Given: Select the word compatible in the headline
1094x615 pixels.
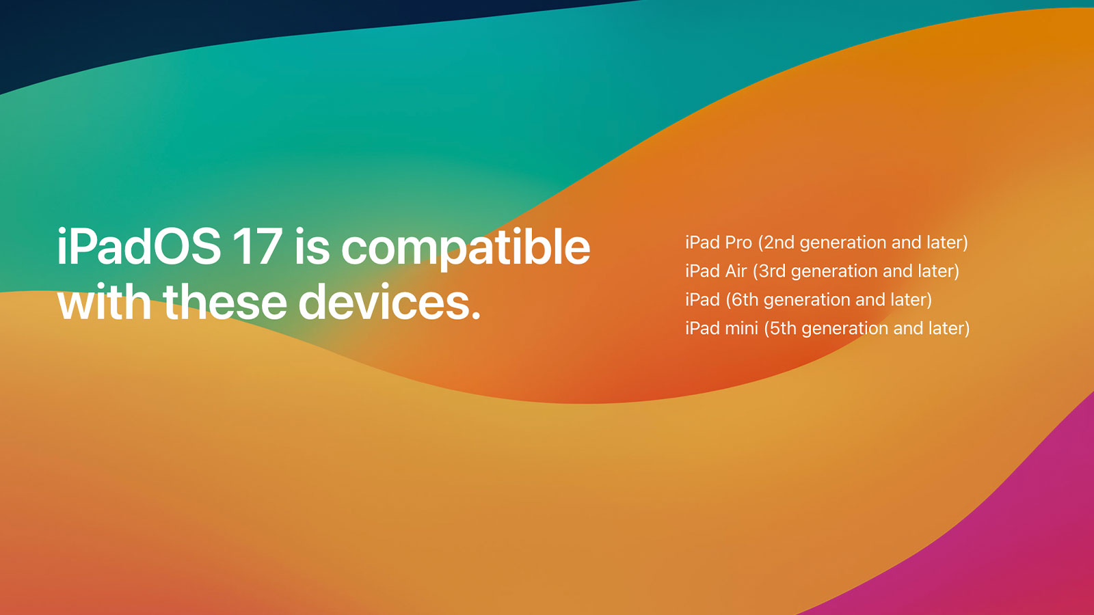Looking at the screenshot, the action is (466, 249).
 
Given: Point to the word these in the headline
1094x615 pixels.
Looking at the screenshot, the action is (225, 302).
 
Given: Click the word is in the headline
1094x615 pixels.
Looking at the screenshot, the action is (312, 247).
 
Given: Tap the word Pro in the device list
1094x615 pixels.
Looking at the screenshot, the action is (738, 243).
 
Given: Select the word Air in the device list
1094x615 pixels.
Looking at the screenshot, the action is (736, 271).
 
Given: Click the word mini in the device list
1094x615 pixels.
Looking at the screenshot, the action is (741, 328).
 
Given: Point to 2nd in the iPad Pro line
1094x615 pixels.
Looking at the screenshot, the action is (779, 243).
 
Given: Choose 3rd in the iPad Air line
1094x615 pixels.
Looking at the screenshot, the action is (771, 271).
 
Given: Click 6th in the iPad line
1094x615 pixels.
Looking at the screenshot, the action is (745, 299).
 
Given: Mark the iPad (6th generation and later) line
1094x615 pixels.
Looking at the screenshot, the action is (808, 300).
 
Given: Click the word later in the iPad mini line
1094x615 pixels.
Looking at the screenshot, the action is (946, 328).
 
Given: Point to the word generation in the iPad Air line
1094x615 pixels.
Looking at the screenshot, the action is (833, 272).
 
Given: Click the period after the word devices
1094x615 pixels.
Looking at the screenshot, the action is (475, 316).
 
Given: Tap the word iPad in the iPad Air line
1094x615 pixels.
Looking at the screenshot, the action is (702, 271).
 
